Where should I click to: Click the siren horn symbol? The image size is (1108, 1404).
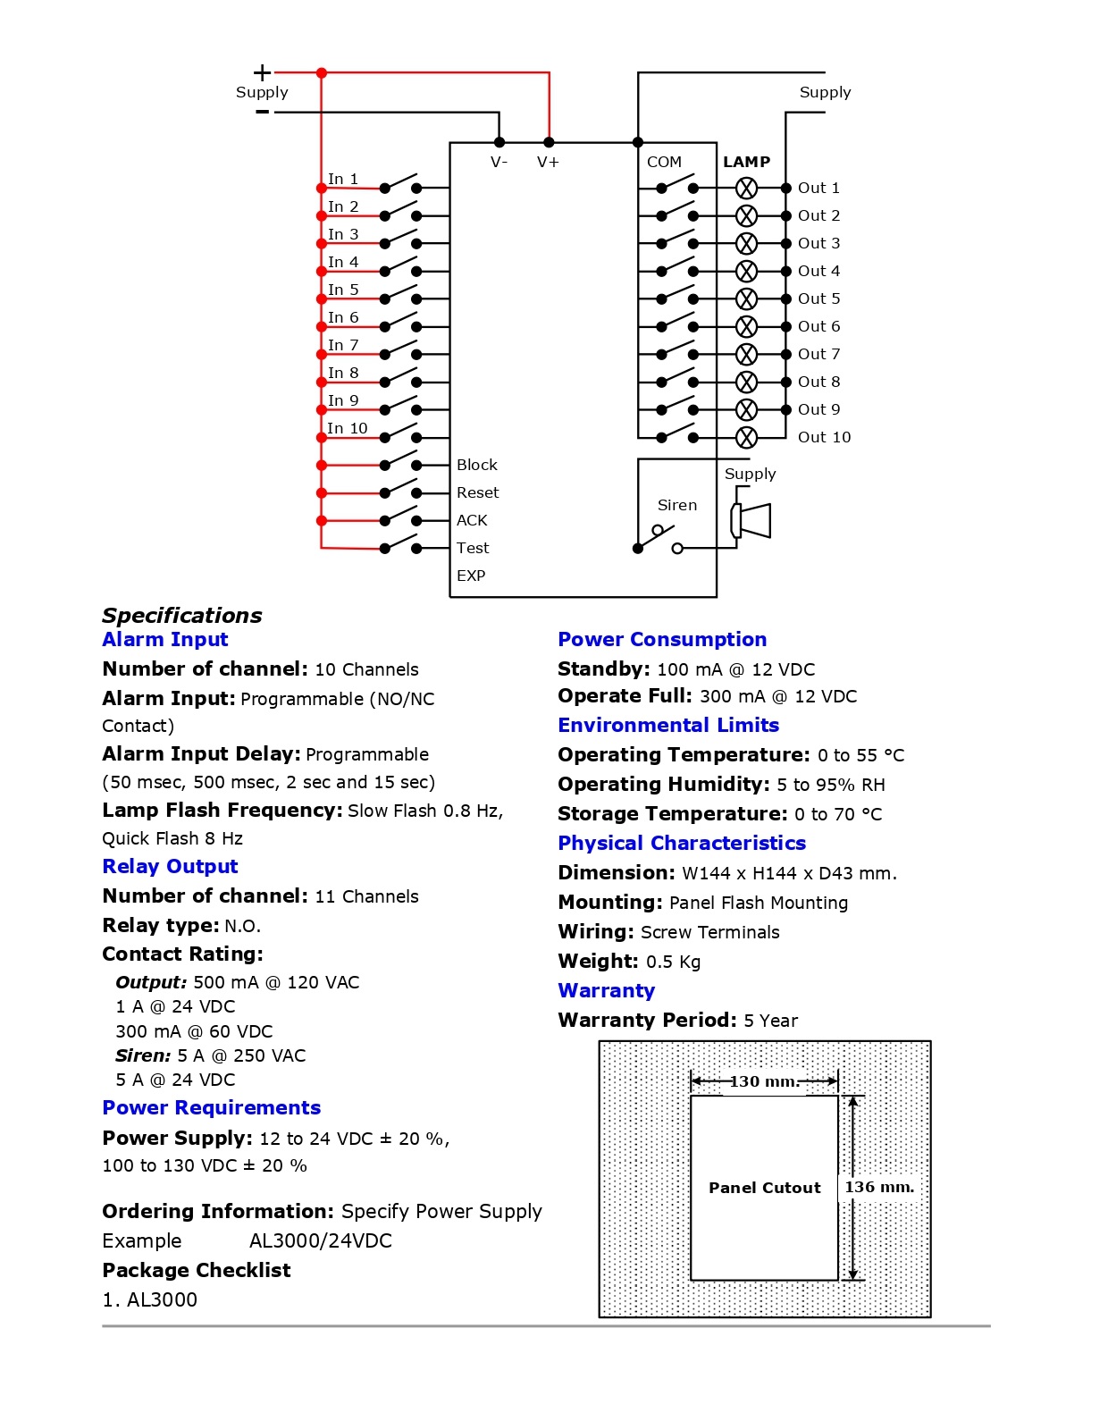751,520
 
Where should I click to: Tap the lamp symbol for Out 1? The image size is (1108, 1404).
746,188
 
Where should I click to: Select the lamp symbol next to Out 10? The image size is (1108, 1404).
746,437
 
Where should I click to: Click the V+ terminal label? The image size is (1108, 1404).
548,162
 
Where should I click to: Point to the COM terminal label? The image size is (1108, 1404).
664,162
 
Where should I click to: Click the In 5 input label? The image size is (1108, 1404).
343,290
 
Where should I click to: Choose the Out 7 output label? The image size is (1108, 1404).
818,354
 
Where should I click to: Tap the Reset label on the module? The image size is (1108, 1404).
477,492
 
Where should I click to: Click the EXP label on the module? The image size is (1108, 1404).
471,576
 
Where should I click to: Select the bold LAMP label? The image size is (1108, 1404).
746,162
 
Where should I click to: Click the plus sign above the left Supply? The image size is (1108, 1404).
262,72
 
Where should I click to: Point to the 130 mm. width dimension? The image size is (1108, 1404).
764,1081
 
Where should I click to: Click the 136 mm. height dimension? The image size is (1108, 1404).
879,1187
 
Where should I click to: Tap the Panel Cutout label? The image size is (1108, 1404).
764,1188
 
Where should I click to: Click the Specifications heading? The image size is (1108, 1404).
182,615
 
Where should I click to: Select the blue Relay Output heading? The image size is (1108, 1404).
170,866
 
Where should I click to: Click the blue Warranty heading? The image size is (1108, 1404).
606,990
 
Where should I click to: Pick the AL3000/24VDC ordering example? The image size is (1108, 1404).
320,1240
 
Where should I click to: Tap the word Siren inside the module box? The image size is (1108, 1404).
676,505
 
